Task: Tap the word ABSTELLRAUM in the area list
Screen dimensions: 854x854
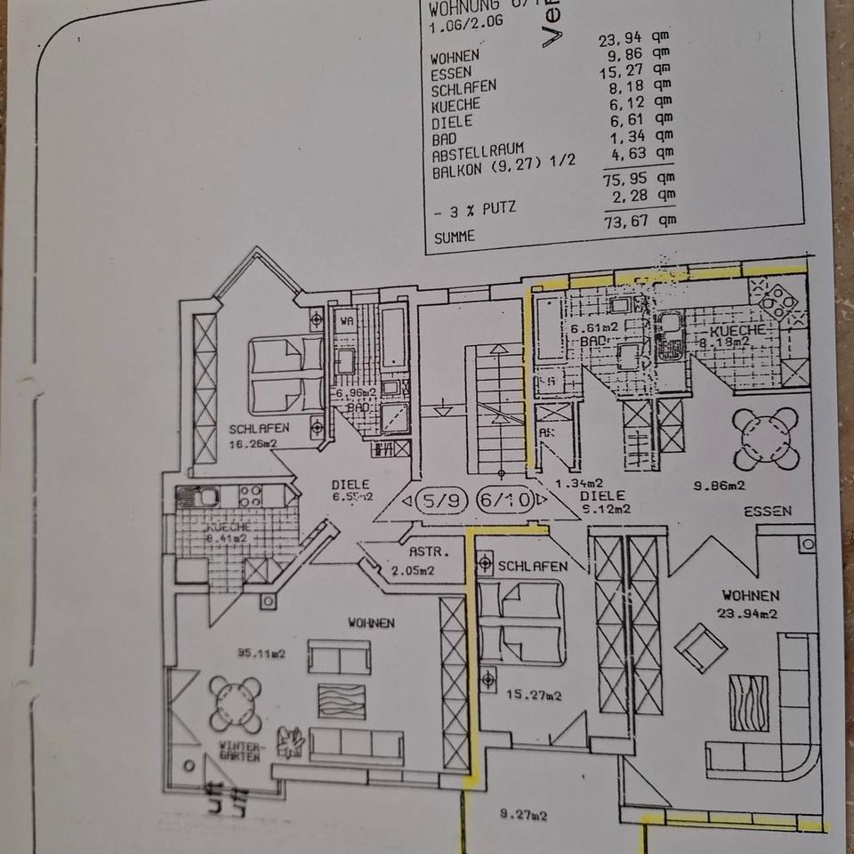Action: (x=477, y=154)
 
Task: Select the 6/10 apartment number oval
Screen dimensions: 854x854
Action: (x=504, y=500)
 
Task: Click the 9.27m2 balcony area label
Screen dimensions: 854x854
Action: (x=523, y=814)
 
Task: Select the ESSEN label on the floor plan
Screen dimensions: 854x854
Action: (x=768, y=512)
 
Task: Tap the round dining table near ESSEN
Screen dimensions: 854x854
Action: (x=764, y=439)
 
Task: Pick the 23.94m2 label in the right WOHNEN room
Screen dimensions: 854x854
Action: (x=750, y=613)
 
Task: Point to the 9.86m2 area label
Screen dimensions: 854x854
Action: (x=719, y=486)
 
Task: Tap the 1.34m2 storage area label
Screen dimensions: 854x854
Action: (x=573, y=484)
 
